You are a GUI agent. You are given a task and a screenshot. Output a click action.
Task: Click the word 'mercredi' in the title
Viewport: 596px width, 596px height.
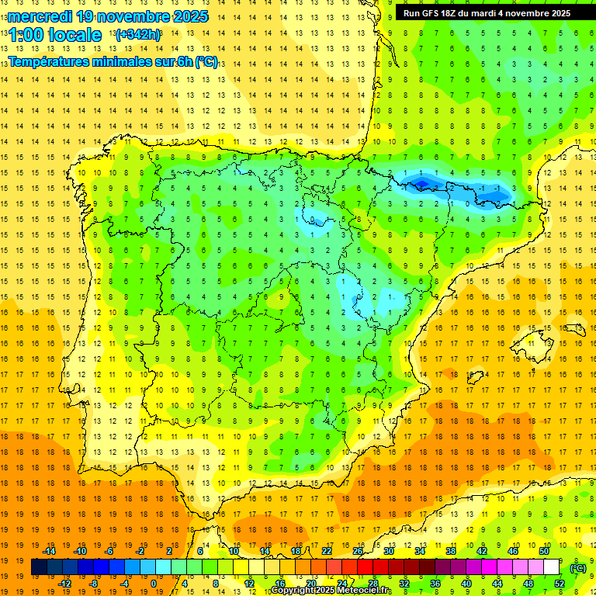tap(40, 16)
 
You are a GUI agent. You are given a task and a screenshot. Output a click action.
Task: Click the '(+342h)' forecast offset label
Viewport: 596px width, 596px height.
tap(137, 35)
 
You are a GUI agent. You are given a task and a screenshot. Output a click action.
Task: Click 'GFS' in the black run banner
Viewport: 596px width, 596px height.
tap(435, 13)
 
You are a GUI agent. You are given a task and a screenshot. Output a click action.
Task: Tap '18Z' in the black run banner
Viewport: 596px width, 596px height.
tap(456, 13)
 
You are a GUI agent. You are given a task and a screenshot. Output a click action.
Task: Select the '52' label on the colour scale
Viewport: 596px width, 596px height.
tap(560, 584)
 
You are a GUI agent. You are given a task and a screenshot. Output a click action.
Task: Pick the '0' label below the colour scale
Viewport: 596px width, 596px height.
tap(153, 584)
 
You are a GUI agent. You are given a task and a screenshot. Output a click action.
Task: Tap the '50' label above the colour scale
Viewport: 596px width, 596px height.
tap(544, 551)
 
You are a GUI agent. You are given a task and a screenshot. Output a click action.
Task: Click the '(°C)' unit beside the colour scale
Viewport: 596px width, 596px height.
tap(578, 568)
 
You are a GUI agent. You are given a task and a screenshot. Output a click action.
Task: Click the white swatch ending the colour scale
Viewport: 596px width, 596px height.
tap(552, 567)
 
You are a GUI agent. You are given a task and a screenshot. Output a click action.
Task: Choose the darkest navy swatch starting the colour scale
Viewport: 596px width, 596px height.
tap(39, 567)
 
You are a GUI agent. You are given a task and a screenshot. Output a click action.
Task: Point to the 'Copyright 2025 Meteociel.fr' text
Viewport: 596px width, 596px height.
tap(331, 591)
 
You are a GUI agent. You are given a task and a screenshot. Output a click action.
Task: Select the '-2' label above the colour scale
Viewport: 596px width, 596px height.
tap(140, 551)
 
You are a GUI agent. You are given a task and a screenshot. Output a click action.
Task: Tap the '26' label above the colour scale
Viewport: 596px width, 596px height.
tap(358, 551)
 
